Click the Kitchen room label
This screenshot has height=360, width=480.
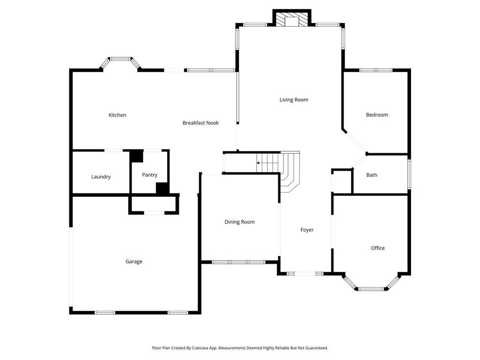[x=117, y=115]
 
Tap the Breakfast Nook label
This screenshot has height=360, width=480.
[x=201, y=123]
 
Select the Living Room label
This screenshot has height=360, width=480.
[x=294, y=100]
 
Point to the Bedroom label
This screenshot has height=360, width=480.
[x=377, y=115]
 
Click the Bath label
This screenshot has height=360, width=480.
[x=372, y=175]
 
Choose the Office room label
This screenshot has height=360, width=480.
[x=378, y=248]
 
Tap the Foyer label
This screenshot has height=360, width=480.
[x=307, y=230]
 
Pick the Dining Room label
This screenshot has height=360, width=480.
[x=240, y=222]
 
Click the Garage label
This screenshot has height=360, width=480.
[x=134, y=262]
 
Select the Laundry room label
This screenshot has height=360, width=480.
[x=101, y=177]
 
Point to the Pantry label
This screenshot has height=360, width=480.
[x=150, y=175]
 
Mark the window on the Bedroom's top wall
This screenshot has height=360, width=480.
[x=376, y=70]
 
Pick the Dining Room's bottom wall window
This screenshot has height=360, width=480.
[x=239, y=262]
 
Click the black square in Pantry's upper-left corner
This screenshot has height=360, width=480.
[x=136, y=156]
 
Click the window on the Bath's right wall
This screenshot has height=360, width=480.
[x=409, y=174]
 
